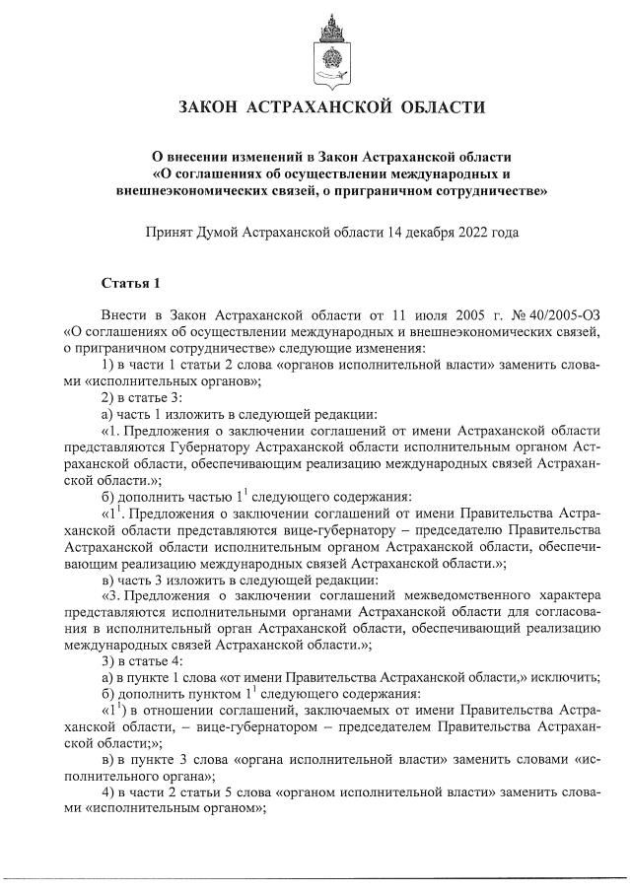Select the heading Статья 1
pos(130,285)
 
